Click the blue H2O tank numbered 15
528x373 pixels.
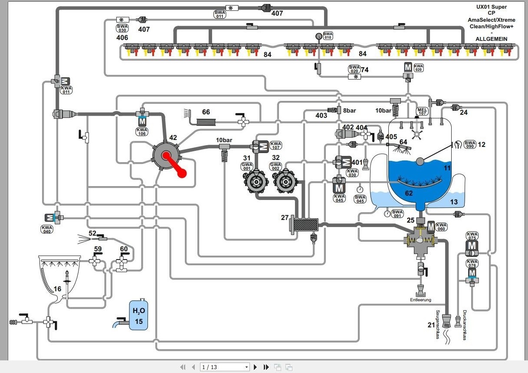click(138, 315)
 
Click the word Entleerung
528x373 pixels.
click(421, 300)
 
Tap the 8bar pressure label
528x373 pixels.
click(349, 110)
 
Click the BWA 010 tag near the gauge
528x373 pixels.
click(328, 36)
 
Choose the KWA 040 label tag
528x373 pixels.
click(47, 230)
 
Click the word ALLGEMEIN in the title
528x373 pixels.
click(491, 39)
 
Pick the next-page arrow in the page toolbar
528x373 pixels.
click(256, 367)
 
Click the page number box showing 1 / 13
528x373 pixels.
click(225, 367)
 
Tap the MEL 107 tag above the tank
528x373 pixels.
click(422, 111)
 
